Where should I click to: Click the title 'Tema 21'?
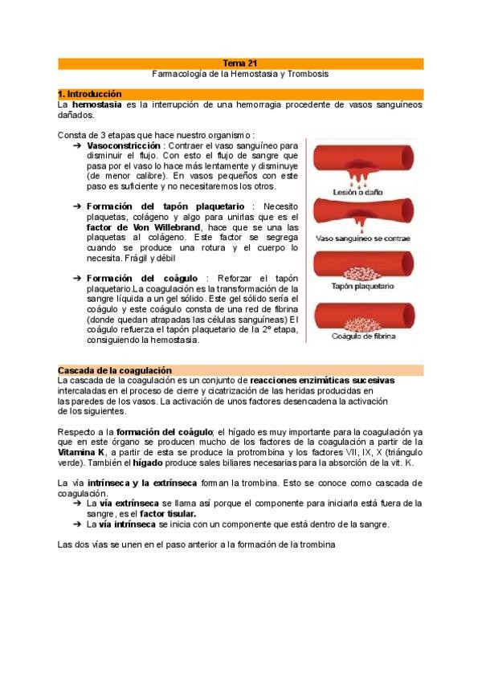[240, 63]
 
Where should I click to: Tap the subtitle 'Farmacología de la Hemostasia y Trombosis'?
[240, 73]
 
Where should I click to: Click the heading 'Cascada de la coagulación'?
[115, 369]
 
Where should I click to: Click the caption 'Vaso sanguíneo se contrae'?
[363, 239]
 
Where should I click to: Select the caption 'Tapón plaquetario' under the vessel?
[362, 286]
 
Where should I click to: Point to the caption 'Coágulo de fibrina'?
[364, 336]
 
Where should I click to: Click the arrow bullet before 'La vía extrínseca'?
[76, 503]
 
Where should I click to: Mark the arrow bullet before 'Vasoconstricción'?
[76, 146]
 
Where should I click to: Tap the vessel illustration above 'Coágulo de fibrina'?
[363, 315]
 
